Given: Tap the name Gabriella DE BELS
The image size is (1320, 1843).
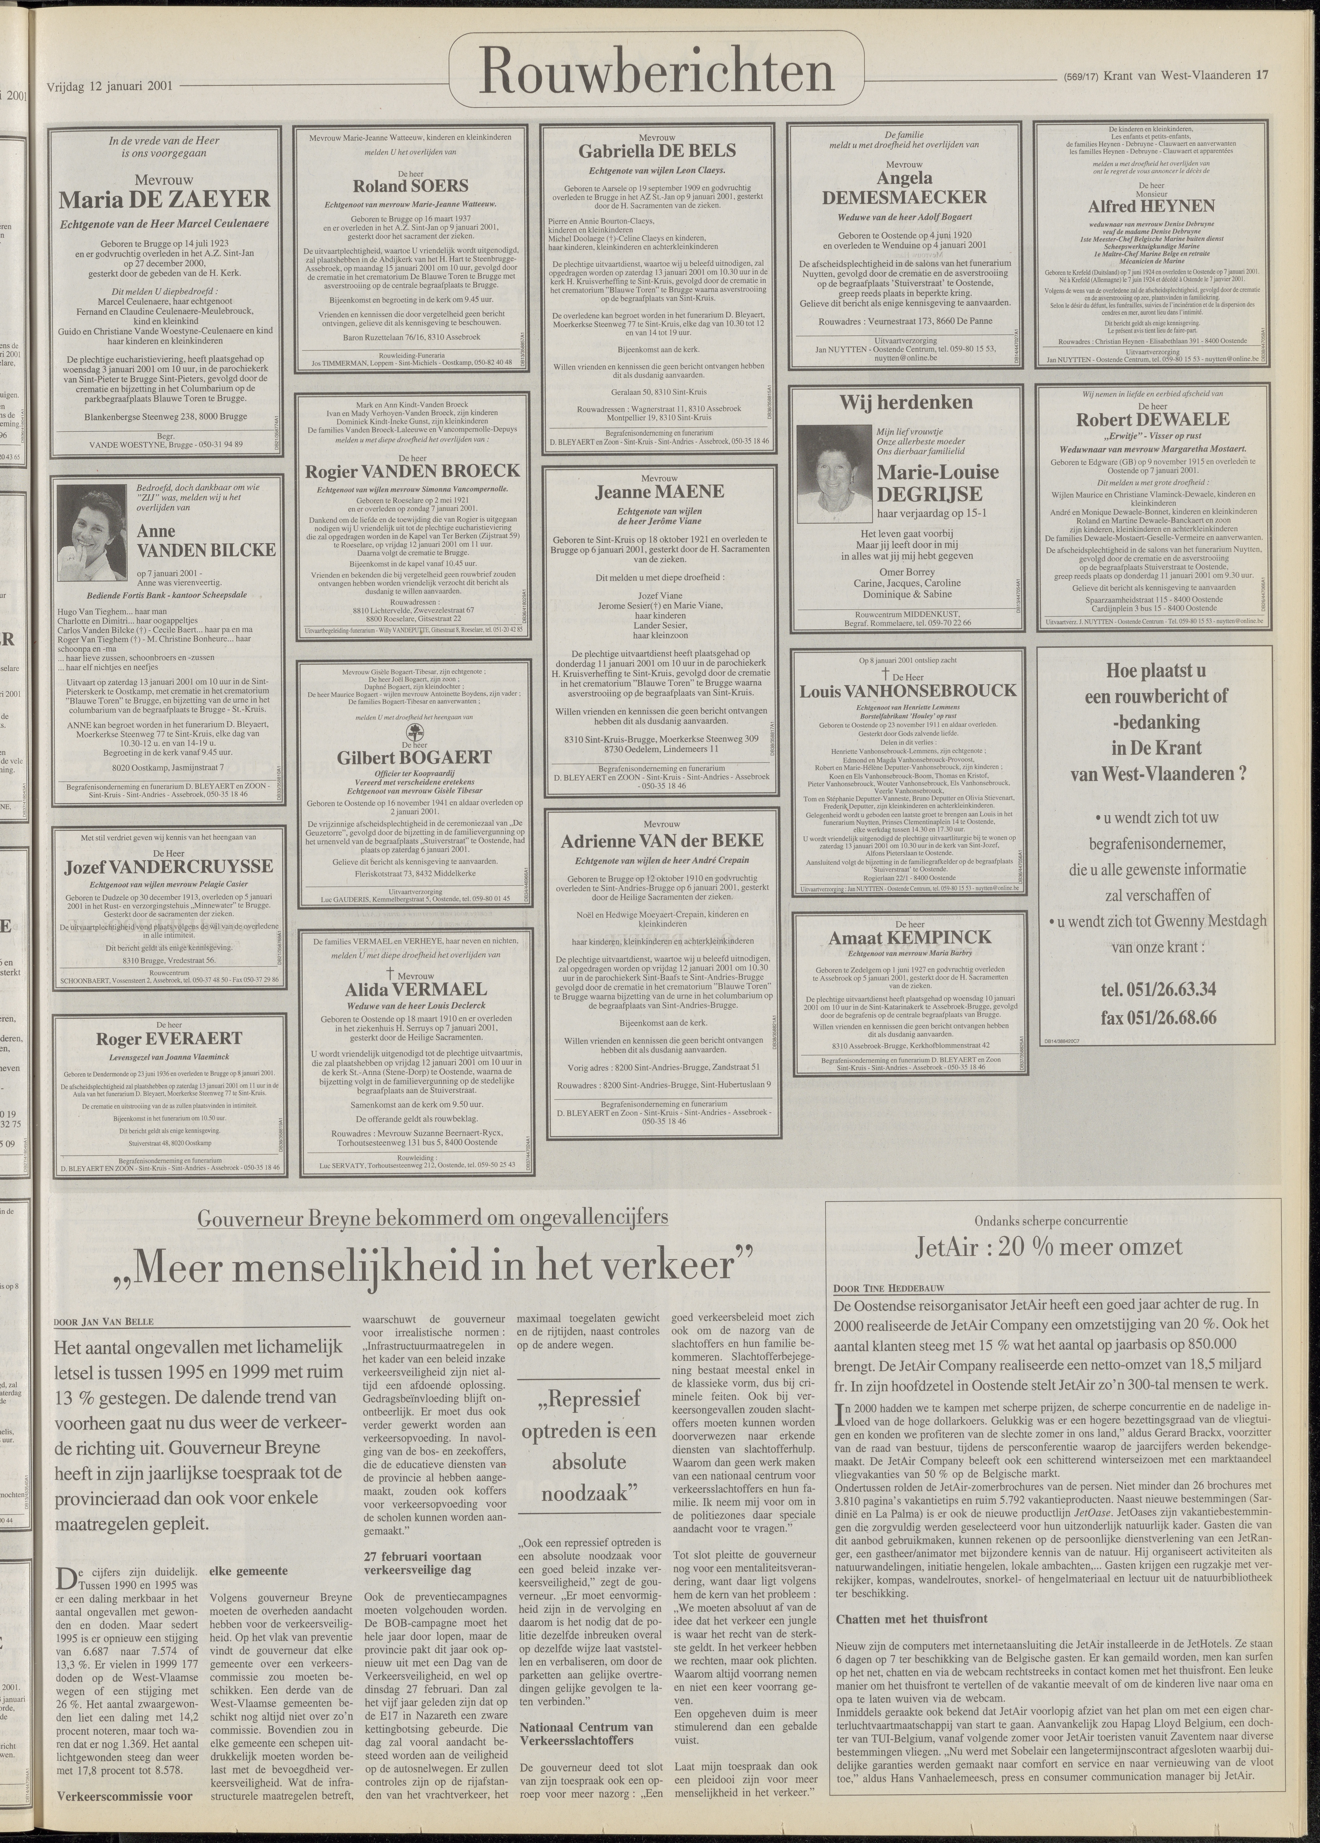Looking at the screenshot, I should pos(657,151).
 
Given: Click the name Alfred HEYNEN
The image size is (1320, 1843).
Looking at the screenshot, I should pos(1152,206).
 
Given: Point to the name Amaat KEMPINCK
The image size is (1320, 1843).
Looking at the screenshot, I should pos(910,938).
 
